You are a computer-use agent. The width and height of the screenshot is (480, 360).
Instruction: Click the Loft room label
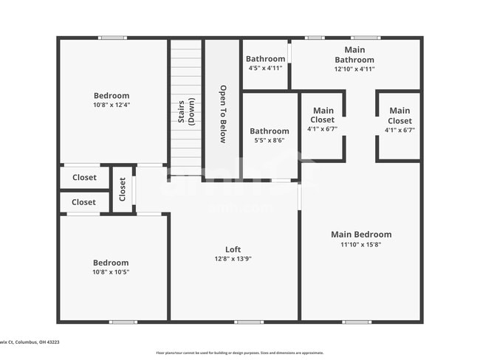[x=233, y=249]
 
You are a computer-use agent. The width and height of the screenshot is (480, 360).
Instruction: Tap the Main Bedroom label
[x=360, y=235]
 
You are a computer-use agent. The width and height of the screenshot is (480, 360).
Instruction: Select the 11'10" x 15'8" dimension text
[x=360, y=244]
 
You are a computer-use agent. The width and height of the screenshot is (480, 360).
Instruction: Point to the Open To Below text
[x=222, y=114]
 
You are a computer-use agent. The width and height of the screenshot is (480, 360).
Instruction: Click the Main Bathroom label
[x=354, y=55]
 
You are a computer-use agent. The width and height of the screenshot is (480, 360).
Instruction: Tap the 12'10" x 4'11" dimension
[x=354, y=69]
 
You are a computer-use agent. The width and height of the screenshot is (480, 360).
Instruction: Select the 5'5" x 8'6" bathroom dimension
[x=270, y=141]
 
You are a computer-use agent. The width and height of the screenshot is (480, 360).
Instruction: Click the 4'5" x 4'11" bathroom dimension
[x=265, y=69]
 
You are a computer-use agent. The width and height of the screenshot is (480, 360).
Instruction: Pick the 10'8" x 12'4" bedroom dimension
[x=112, y=105]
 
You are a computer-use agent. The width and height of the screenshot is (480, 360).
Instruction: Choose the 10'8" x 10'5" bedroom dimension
[x=111, y=272]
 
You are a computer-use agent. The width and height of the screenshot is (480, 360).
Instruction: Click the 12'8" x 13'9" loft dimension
[x=233, y=259]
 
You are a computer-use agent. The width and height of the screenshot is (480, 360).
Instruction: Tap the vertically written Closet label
[x=123, y=190]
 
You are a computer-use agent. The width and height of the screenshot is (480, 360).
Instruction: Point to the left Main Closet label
[x=323, y=116]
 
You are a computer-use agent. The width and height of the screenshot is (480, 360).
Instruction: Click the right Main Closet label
[x=400, y=116]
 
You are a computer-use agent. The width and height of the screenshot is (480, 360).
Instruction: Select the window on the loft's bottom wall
[x=249, y=322]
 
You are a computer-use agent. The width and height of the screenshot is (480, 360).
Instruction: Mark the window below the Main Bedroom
[x=357, y=322]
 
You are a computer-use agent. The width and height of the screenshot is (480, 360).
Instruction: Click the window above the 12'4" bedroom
[x=113, y=38]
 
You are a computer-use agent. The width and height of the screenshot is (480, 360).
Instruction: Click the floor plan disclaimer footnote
[x=239, y=353]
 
